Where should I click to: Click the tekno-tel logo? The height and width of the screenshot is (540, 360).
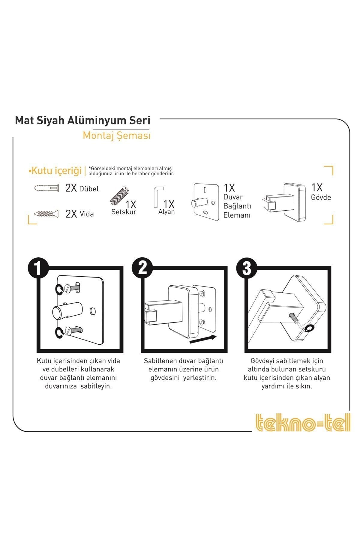point(303,422)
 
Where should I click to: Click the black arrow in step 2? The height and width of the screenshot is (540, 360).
point(203,339)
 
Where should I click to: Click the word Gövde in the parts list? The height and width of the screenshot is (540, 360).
point(321,197)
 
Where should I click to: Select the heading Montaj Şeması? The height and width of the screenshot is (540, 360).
point(116,136)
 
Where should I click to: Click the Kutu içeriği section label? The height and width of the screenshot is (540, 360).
point(55,171)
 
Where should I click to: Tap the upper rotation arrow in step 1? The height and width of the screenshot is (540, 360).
point(59,289)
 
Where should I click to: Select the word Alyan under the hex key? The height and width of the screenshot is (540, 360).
point(166,212)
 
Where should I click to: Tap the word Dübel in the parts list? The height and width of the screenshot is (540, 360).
point(89,189)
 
